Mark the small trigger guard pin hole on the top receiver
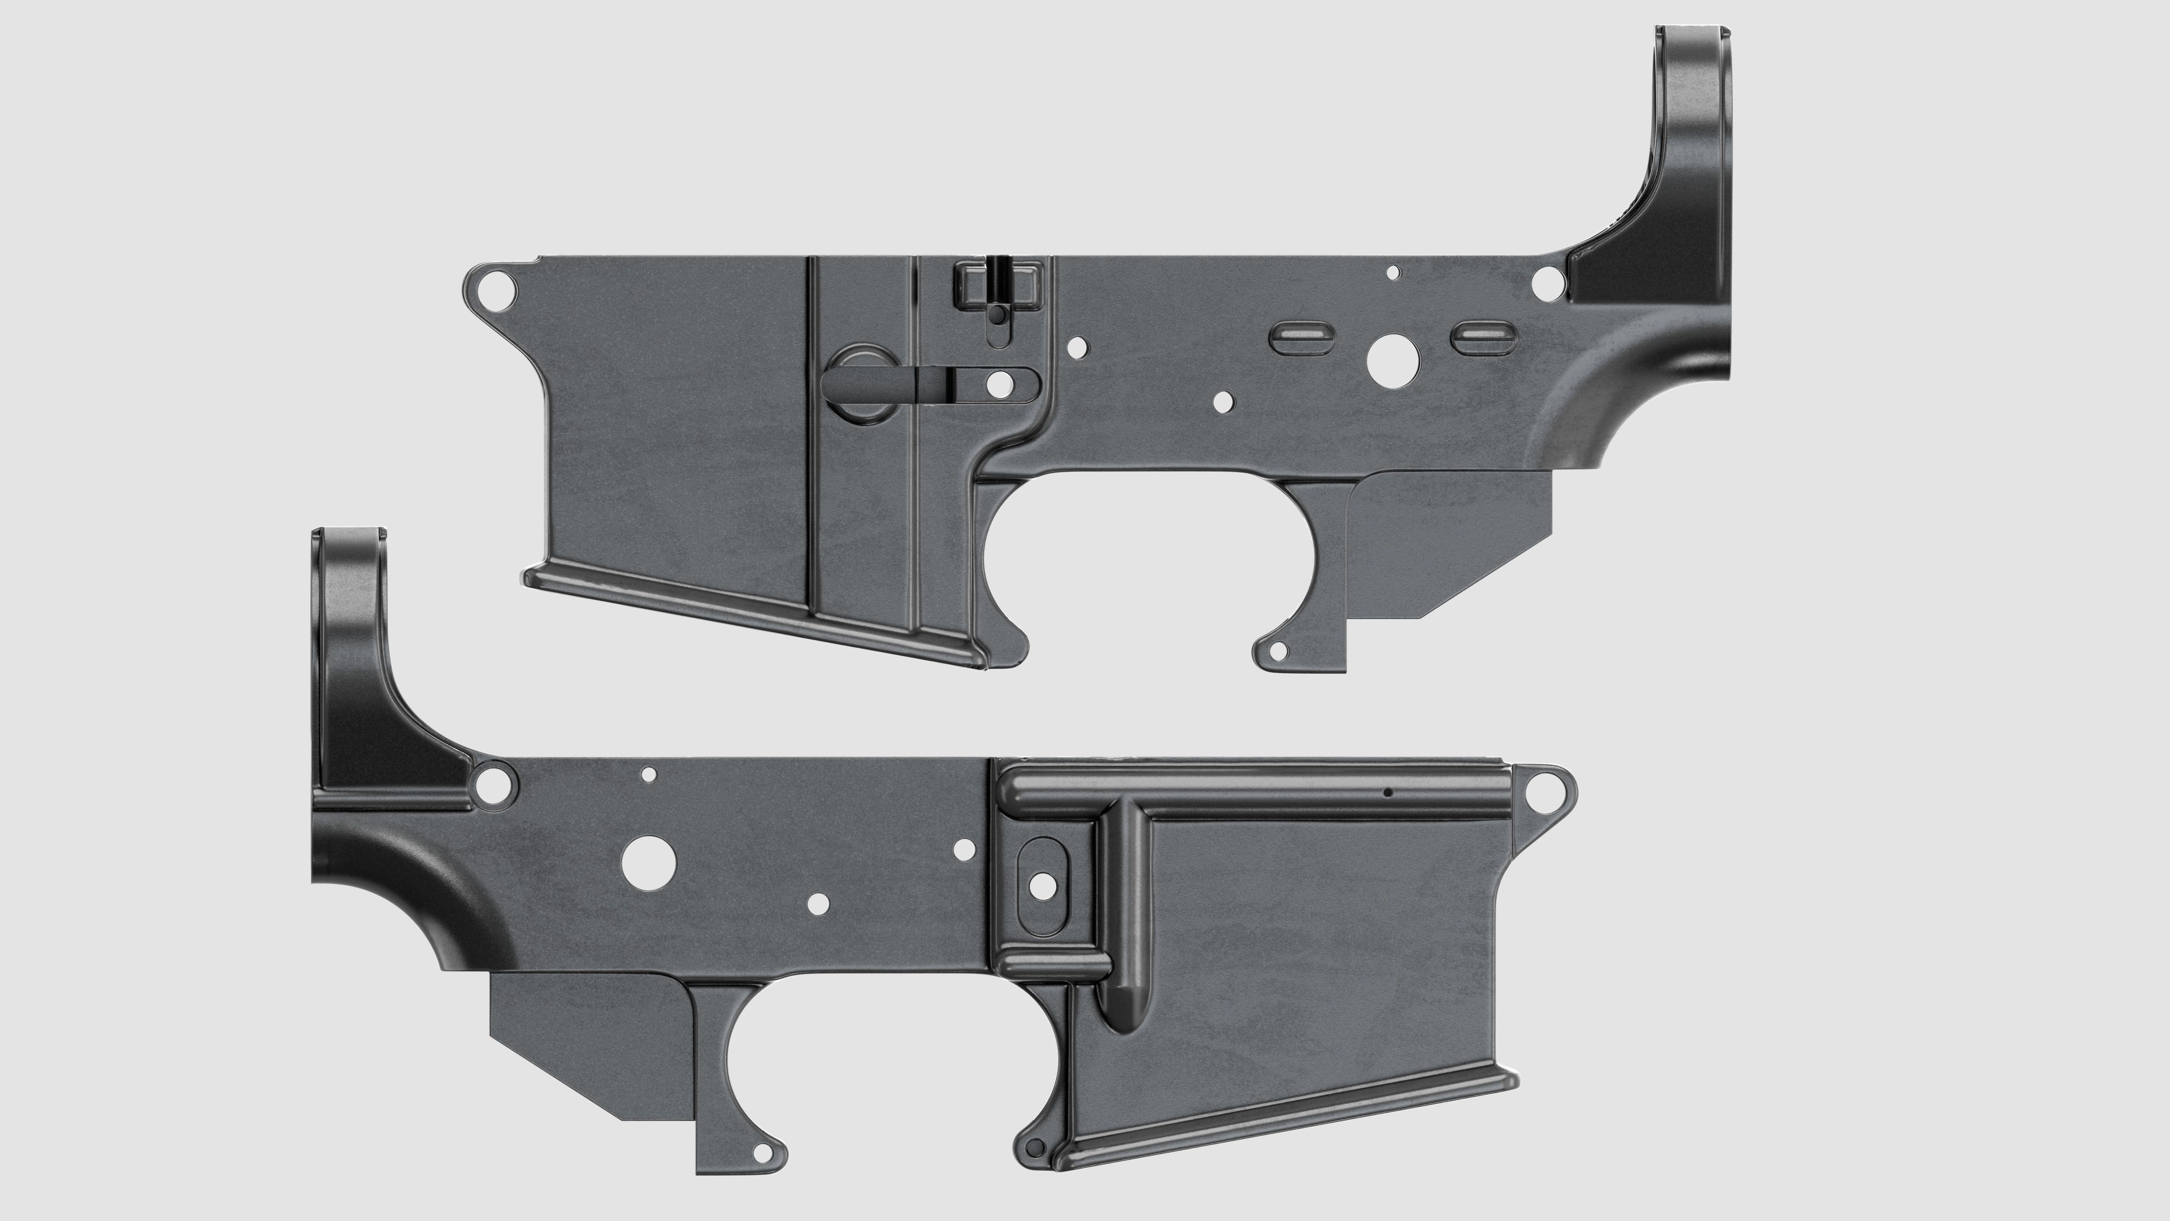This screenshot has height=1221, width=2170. pyautogui.click(x=1278, y=651)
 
